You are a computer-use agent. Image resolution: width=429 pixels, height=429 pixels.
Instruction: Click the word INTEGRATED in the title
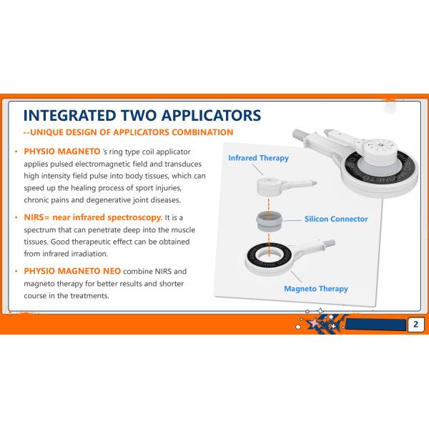click(x=70, y=115)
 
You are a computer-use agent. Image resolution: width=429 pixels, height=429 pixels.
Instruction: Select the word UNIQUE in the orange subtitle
click(x=46, y=132)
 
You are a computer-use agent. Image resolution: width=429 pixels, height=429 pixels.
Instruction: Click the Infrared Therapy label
click(x=259, y=158)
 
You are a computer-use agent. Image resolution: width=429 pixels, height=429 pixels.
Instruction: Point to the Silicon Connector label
click(x=336, y=219)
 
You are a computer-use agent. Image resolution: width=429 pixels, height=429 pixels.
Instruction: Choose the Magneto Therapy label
click(x=316, y=289)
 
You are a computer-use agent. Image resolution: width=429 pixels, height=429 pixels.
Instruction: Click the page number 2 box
click(x=416, y=324)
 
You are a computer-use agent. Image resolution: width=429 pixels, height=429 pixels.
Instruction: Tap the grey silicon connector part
click(x=269, y=222)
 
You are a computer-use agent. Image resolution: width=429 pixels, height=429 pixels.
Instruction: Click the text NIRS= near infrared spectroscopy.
click(x=93, y=217)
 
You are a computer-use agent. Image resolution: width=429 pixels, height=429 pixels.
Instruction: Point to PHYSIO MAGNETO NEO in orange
click(x=72, y=271)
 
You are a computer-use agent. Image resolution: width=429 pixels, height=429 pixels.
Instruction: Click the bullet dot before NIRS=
click(x=16, y=218)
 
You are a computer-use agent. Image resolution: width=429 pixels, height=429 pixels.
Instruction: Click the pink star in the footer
click(x=314, y=323)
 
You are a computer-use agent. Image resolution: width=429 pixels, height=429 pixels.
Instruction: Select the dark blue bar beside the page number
click(x=376, y=325)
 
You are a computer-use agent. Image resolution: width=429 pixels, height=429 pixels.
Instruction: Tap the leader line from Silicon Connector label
click(x=292, y=220)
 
